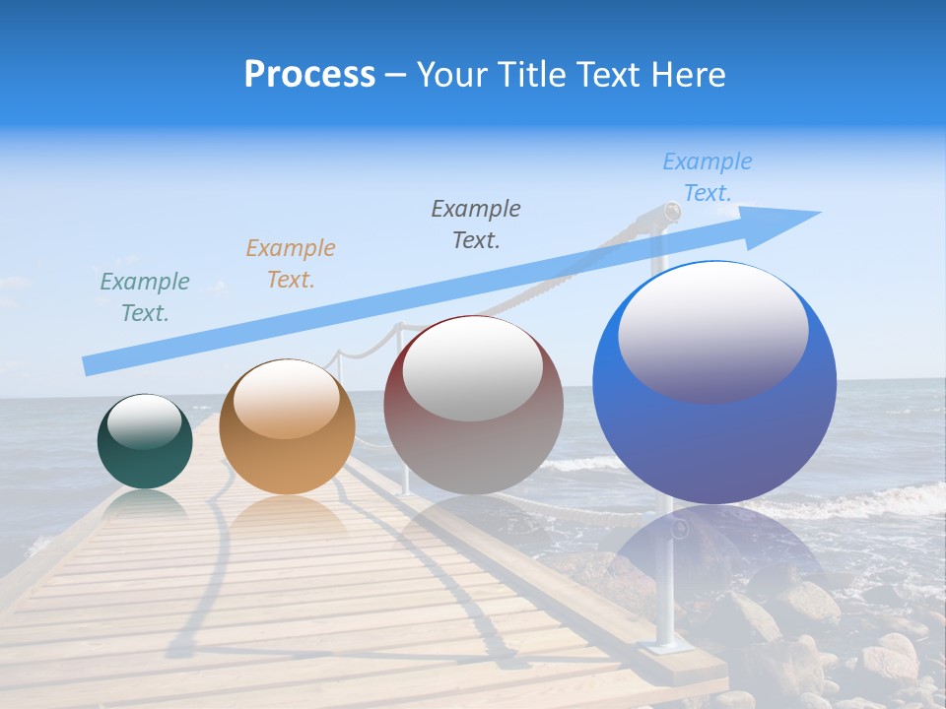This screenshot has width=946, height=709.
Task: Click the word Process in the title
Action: pyautogui.click(x=309, y=75)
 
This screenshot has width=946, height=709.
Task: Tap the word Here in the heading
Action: pyautogui.click(x=687, y=75)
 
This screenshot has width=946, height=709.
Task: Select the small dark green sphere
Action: pyautogui.click(x=145, y=441)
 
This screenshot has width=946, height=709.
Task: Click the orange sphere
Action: pyautogui.click(x=287, y=426)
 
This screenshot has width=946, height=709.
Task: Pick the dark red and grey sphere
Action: pyautogui.click(x=473, y=405)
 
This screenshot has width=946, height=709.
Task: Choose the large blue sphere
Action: pyautogui.click(x=714, y=382)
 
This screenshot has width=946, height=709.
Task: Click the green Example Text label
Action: pyautogui.click(x=145, y=297)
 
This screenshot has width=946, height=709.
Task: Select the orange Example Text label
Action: pyautogui.click(x=291, y=264)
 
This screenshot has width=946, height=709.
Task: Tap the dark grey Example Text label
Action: pyautogui.click(x=476, y=224)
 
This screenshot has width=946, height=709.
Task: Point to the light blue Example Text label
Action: pyautogui.click(x=707, y=177)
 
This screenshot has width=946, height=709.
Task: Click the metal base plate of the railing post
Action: pyautogui.click(x=666, y=646)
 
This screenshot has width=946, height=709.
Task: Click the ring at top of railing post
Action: pyautogui.click(x=671, y=212)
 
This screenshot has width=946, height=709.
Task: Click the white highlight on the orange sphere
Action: pyautogui.click(x=287, y=398)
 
